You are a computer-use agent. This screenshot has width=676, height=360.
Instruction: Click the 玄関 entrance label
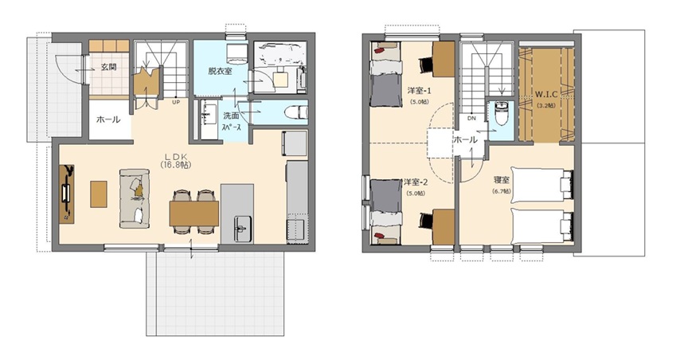point(108,67)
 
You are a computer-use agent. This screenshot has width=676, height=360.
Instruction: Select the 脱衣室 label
point(220,71)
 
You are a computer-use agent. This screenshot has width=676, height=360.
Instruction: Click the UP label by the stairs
point(176,102)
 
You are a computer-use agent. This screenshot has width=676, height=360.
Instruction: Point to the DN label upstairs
point(471,118)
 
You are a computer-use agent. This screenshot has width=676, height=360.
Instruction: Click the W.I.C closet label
point(546,94)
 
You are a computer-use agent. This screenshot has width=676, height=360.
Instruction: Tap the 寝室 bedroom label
point(502,180)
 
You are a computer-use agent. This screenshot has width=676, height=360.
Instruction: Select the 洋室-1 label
point(420,91)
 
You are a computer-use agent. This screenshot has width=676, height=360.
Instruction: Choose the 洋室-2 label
point(416,182)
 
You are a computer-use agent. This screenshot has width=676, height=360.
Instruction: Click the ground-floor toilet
point(297,112)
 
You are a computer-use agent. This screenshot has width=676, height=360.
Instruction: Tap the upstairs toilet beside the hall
point(501,113)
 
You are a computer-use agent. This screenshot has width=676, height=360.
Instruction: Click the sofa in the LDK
point(135,198)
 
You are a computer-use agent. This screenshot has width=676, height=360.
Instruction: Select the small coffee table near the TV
point(99,194)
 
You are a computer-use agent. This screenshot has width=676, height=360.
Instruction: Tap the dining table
point(194,213)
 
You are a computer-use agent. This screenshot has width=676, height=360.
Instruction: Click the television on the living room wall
point(65,194)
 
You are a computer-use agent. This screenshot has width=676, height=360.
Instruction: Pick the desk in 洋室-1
point(444,59)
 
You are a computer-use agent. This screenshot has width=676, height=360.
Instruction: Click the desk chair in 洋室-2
point(425,221)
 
